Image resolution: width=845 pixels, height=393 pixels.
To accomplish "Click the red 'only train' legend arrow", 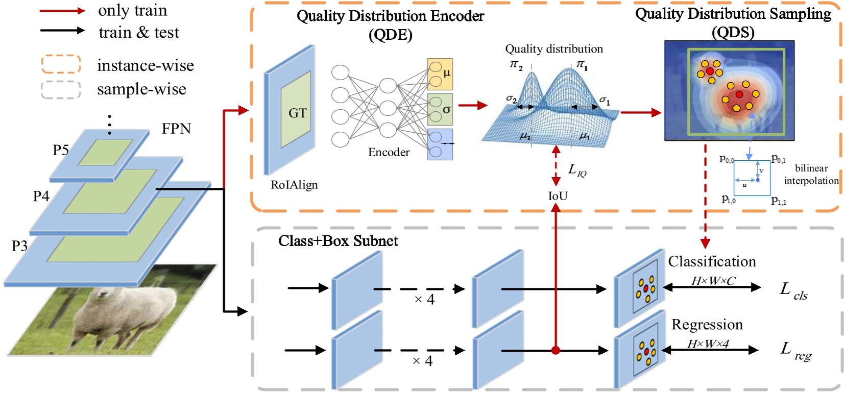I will tap(62, 11).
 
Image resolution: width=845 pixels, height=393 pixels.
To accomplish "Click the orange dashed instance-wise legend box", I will tap(61, 64).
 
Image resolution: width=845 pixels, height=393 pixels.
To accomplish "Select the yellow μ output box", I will tap(440, 74).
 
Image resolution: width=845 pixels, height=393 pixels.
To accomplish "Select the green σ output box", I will tap(440, 109).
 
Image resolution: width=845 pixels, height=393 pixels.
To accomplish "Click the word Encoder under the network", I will tap(389, 152).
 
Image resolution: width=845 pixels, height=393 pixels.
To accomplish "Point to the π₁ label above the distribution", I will tap(582, 64).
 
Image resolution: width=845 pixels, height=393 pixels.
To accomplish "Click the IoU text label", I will tap(558, 196).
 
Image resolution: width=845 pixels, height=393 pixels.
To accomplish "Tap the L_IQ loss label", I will tap(577, 170).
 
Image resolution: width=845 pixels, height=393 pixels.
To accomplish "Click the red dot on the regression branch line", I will tap(556, 350).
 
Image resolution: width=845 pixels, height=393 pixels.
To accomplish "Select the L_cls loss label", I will tap(793, 291).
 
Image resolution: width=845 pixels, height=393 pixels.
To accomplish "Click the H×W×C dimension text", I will tap(713, 281).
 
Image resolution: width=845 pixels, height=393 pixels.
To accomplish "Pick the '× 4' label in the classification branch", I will tap(424, 299).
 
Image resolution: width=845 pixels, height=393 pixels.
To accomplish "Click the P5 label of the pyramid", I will tap(61, 150).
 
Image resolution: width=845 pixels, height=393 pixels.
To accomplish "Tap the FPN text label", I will tap(176, 129).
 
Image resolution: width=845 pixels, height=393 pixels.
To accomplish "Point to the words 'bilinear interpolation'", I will tap(811, 175).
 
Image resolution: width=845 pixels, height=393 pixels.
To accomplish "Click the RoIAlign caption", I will tap(294, 185).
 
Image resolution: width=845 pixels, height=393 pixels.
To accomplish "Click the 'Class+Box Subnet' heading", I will tap(338, 241).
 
